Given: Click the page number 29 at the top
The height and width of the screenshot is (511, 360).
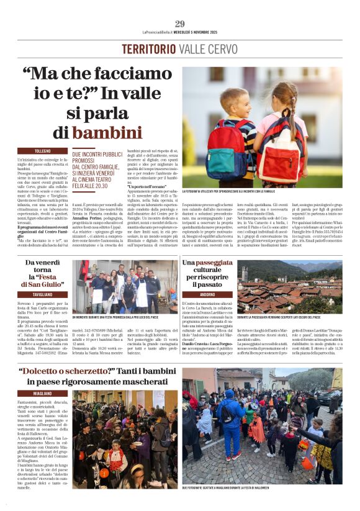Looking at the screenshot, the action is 179,24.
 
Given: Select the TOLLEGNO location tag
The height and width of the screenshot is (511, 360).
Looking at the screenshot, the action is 43,151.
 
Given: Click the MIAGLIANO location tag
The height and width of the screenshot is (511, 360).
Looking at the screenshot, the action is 43,393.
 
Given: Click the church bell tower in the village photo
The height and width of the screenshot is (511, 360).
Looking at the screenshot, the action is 245,273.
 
